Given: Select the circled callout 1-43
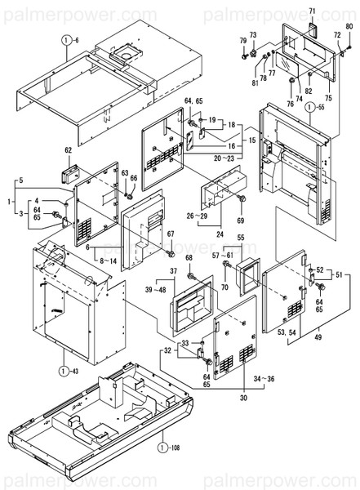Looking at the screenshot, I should (x=66, y=372).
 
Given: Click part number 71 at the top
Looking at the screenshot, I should (x=311, y=11).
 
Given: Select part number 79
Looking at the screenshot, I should (x=242, y=41).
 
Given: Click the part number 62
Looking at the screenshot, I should (x=69, y=150).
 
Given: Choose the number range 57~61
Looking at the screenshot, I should (x=223, y=256).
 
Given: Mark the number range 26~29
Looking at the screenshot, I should (x=197, y=216).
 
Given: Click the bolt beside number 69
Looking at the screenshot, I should (x=240, y=201).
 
